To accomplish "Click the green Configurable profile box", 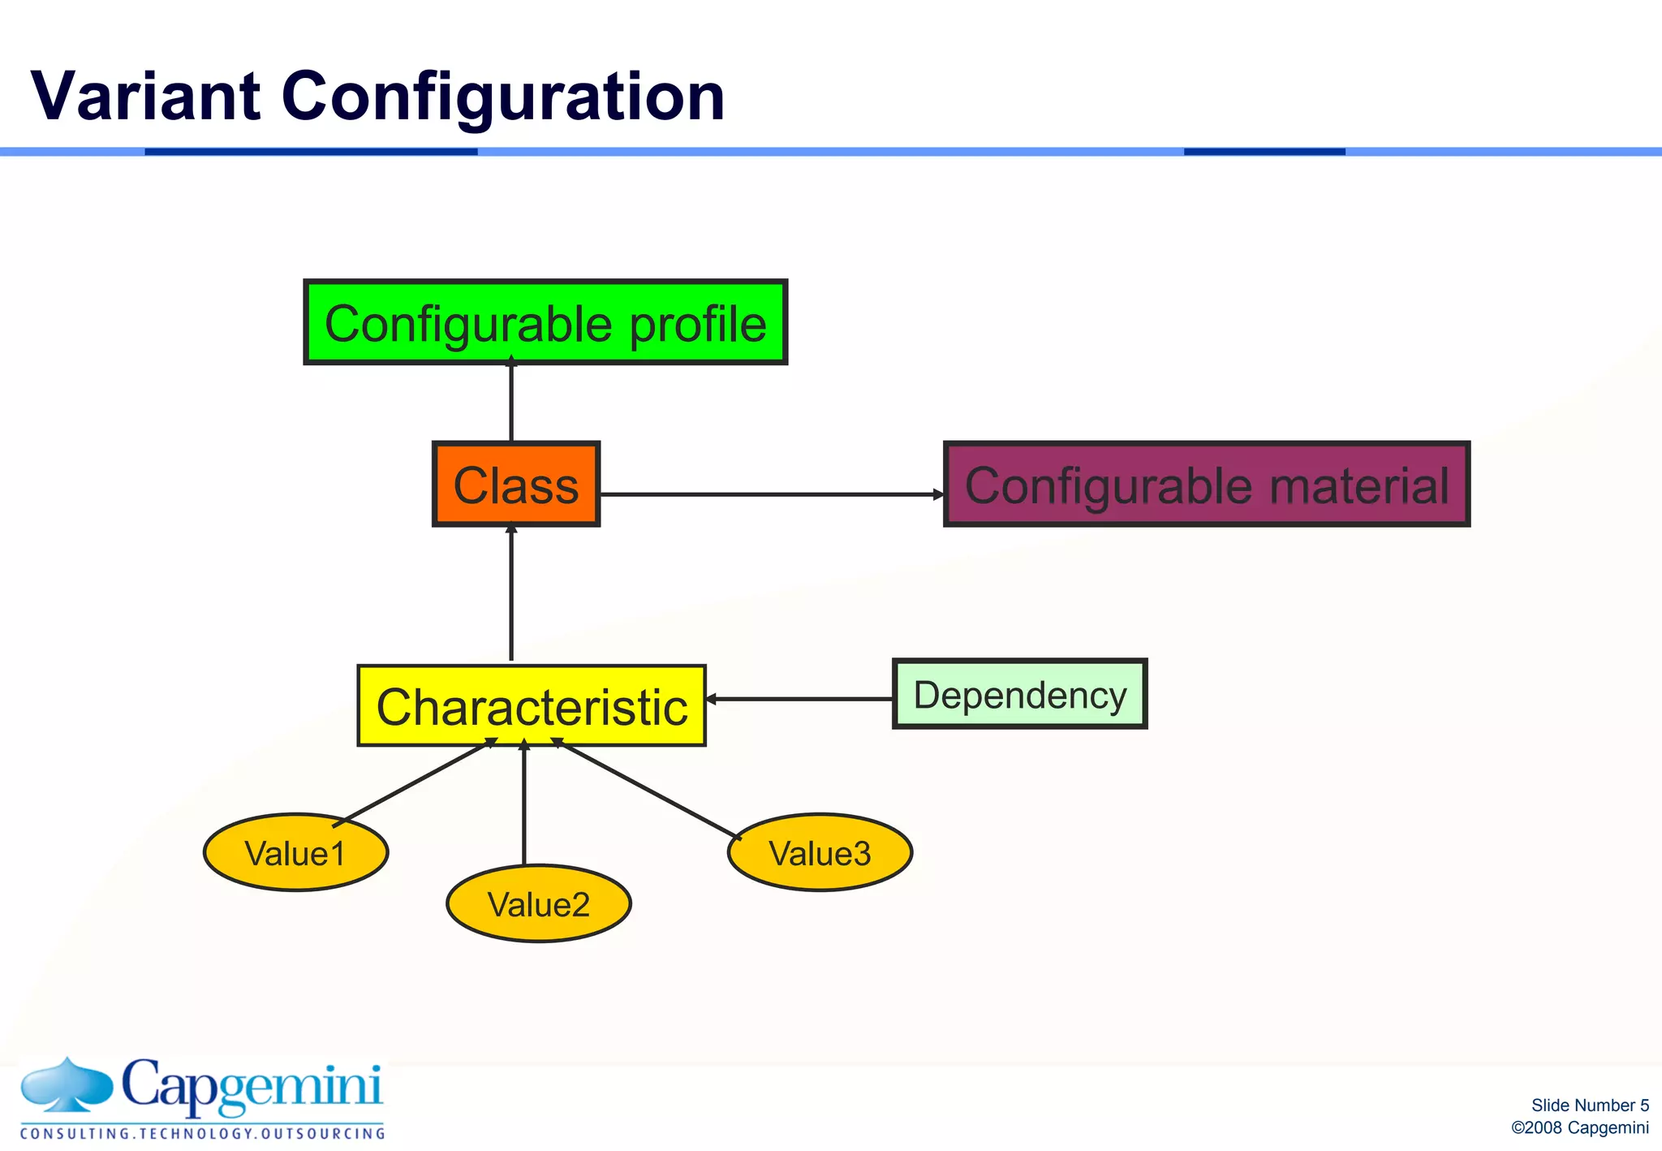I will pos(545,323).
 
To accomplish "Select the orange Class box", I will pos(516,485).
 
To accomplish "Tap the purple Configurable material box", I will pos(1206,485).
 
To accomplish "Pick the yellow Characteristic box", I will pos(532,705).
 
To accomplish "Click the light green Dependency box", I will pos(1019,695).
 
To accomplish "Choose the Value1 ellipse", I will pos(295,852).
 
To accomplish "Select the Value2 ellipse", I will pos(538,903).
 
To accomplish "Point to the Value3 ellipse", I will pos(820,852).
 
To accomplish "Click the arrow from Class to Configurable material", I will pos(771,494).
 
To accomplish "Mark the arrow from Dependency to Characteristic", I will pos(799,699).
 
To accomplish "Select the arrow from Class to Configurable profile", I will pos(511,403).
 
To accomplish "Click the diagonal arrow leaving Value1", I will pos(414,782).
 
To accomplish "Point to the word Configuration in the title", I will pos(502,97).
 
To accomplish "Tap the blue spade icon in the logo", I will pos(67,1084).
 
